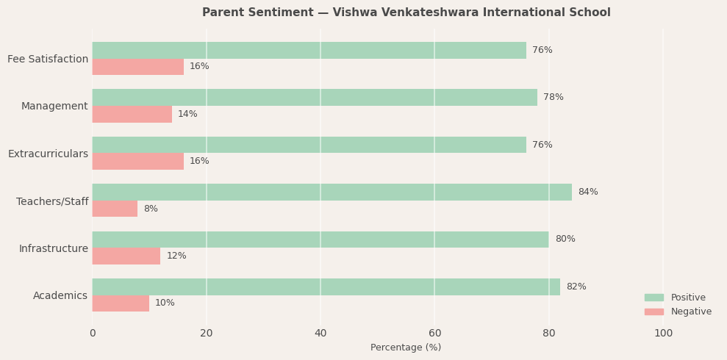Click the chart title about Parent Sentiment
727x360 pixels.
click(406, 12)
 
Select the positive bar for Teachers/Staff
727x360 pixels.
click(332, 192)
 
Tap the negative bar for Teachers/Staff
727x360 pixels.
click(115, 209)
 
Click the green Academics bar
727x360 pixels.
click(326, 287)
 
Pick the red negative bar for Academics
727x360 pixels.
click(121, 303)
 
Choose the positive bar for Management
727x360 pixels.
click(315, 98)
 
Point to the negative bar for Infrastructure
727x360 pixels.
click(126, 256)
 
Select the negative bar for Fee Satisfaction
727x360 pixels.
click(137, 67)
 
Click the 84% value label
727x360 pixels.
click(587, 192)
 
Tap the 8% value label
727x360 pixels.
click(151, 209)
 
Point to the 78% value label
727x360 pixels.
click(553, 98)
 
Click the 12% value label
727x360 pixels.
click(176, 256)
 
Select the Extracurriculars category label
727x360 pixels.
click(48, 154)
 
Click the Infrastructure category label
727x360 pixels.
click(53, 249)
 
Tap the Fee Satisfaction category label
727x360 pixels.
click(48, 60)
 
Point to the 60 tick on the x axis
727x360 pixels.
click(435, 334)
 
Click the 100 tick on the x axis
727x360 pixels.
click(663, 334)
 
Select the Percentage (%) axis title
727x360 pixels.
click(406, 348)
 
